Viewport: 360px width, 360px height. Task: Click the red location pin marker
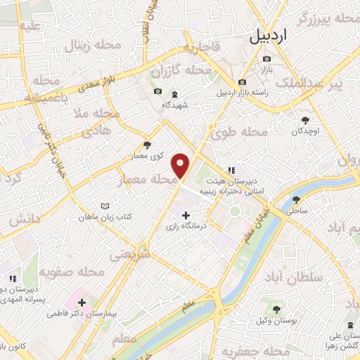[x=181, y=165]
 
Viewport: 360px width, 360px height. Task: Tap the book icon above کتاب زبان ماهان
[x=105, y=206]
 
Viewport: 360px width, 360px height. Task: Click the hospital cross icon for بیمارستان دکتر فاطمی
[x=82, y=302]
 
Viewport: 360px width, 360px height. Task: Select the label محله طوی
[x=240, y=131]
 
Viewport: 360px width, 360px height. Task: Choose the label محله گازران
[x=181, y=72]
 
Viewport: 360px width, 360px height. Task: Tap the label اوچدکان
[x=305, y=131]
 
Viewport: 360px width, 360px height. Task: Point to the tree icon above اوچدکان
[x=304, y=120]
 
